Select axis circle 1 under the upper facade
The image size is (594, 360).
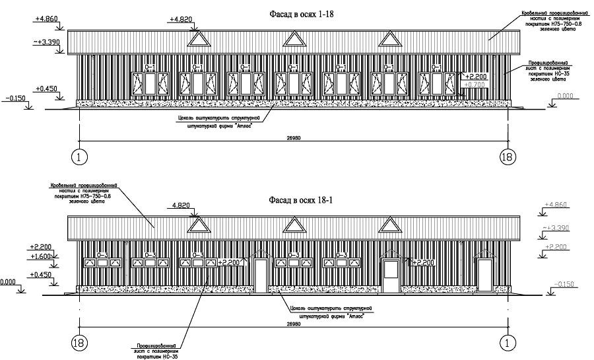click(79, 157)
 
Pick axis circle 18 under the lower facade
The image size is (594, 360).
click(79, 342)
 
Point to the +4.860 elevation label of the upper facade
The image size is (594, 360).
click(46, 20)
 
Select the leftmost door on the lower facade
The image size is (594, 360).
click(261, 273)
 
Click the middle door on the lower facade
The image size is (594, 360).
click(391, 273)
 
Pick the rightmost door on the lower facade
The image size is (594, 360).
click(485, 273)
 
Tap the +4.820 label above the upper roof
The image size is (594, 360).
click(181, 20)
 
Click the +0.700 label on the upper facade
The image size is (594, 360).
click(475, 85)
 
